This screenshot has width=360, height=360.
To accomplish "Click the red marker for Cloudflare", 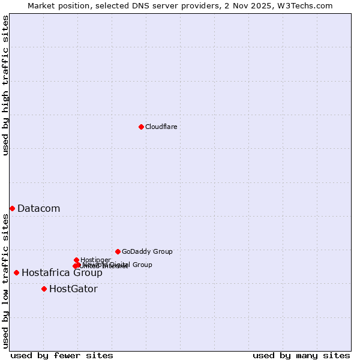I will click(141, 127).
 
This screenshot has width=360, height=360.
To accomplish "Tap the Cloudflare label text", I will click(161, 127).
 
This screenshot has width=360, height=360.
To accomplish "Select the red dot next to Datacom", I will click(12, 208).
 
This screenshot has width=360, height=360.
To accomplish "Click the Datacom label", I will click(38, 209).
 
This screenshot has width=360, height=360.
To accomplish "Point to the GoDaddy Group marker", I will click(118, 251).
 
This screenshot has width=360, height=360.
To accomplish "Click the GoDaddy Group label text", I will click(147, 251).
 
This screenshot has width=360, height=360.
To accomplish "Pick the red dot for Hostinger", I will click(76, 260).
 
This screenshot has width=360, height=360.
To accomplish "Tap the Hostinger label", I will click(95, 260).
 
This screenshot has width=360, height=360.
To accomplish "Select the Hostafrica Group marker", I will click(16, 272).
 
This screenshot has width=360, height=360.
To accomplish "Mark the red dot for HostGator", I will click(44, 289).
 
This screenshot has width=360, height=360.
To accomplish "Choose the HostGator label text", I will click(73, 289).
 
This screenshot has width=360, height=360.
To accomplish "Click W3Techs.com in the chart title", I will click(307, 5).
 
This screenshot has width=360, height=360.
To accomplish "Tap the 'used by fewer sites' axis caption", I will click(62, 355).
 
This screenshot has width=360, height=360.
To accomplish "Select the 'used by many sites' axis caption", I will click(301, 355).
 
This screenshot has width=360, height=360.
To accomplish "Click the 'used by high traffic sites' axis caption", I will click(5, 85).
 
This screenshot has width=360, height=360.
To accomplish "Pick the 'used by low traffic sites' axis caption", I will click(5, 281).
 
